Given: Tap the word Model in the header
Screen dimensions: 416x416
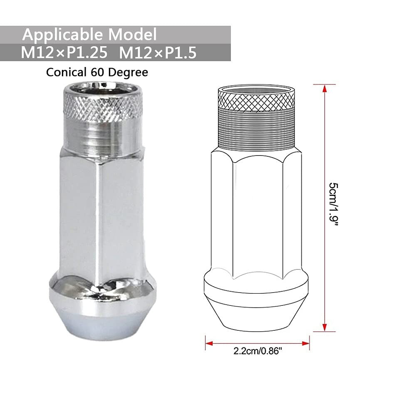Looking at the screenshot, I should click(x=132, y=34).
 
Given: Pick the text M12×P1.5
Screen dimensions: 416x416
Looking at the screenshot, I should click(x=158, y=54).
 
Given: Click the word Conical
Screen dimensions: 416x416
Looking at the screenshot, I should click(x=66, y=72).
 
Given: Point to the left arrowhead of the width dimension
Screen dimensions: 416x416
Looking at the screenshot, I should click(x=208, y=343).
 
